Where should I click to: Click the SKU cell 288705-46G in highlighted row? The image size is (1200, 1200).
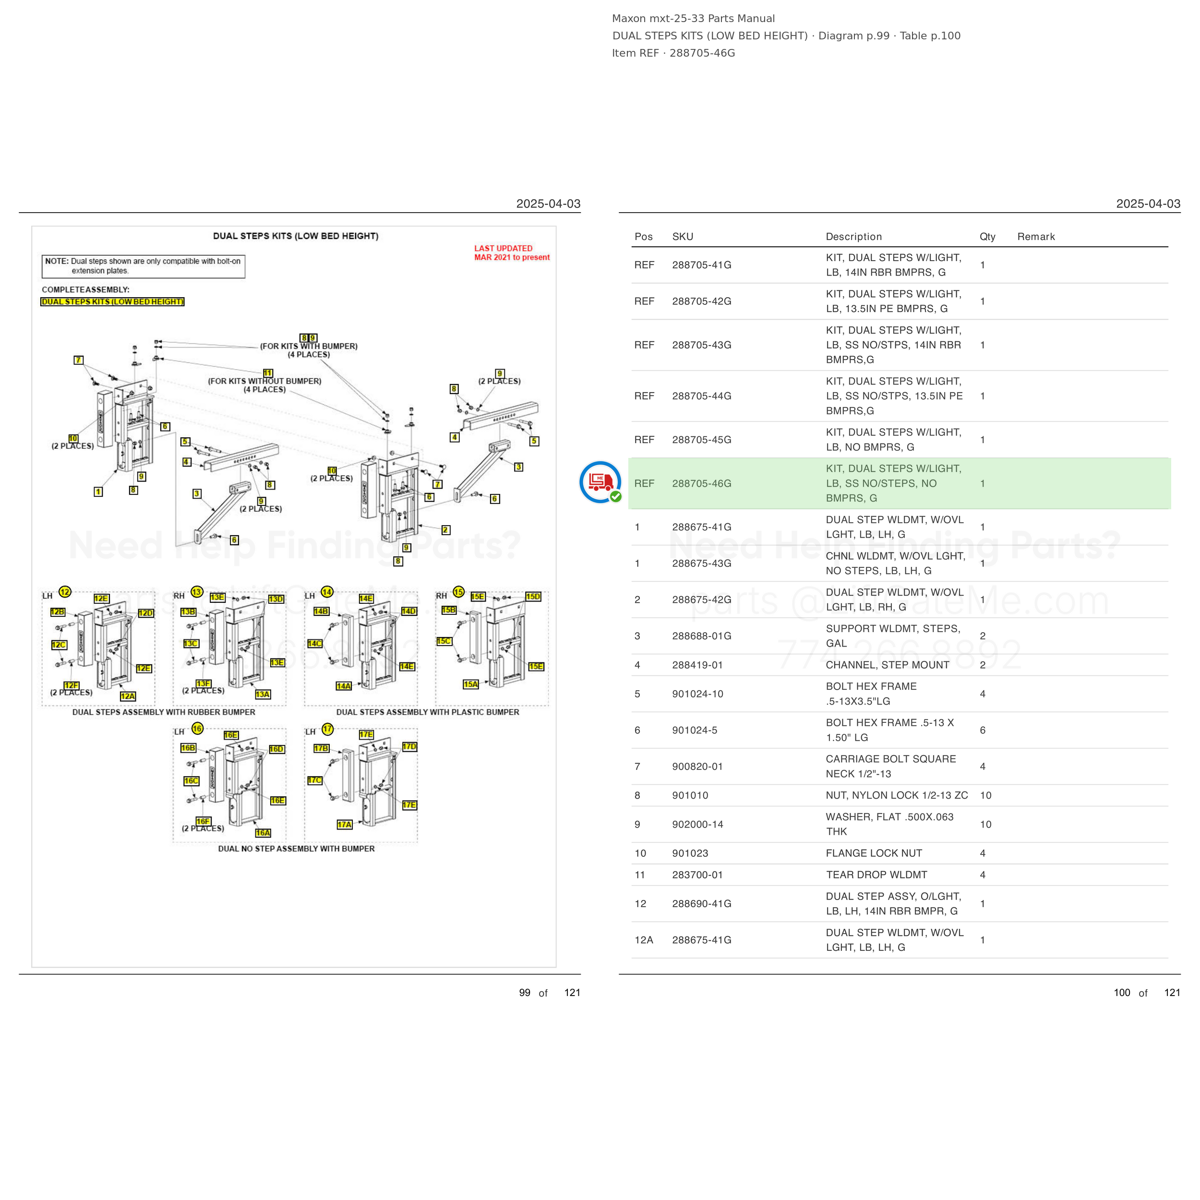[x=701, y=483]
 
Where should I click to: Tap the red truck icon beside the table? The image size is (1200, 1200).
[x=600, y=482]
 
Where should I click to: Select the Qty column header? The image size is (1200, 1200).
[x=987, y=237]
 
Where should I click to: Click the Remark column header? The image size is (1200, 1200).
[x=1036, y=237]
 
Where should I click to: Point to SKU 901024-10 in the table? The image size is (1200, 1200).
[x=697, y=694]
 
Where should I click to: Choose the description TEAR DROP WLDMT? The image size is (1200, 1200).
[x=876, y=875]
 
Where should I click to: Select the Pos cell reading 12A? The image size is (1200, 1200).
[x=644, y=940]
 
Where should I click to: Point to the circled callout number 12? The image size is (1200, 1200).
[x=65, y=591]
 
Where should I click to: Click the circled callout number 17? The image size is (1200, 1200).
[x=327, y=729]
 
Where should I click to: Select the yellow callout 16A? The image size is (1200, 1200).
[x=263, y=833]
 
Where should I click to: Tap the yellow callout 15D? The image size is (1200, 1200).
[x=533, y=596]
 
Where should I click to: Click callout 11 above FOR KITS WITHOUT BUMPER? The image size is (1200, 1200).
[x=268, y=372]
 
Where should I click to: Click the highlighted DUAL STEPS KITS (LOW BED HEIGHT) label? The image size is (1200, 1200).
[x=112, y=302]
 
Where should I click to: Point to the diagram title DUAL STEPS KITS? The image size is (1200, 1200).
[x=296, y=236]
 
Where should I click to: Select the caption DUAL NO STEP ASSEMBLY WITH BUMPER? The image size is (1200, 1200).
[x=296, y=849]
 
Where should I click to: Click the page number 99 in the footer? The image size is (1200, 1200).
[x=525, y=993]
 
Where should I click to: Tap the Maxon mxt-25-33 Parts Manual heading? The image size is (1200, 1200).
[x=693, y=19]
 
